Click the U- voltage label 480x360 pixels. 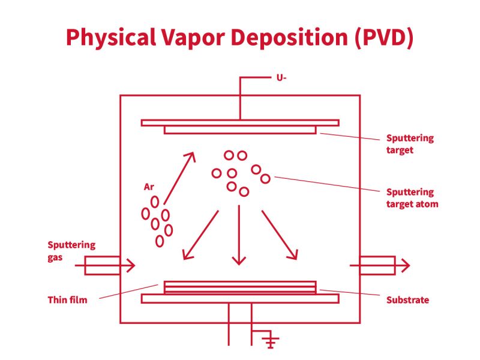click(281, 78)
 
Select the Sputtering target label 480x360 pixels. click(409, 144)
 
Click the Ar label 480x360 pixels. click(149, 187)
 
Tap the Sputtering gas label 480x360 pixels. click(71, 250)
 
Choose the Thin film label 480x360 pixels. click(67, 299)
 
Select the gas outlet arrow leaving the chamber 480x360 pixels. click(384, 265)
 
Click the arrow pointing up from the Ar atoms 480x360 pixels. click(179, 178)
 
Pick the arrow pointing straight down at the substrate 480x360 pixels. click(239, 234)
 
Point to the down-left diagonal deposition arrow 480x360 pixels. click(200, 235)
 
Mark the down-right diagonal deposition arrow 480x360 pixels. click(280, 235)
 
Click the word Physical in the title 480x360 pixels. click(104, 37)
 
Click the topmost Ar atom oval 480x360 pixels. click(155, 202)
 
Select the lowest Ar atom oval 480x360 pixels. click(160, 241)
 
